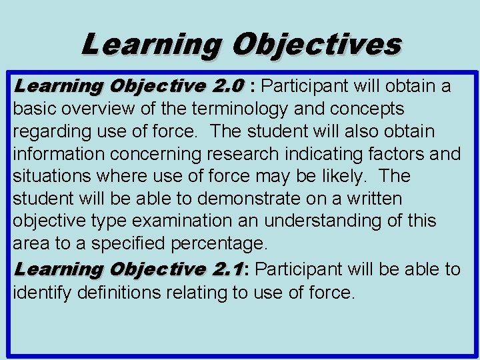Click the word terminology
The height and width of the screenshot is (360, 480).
pyautogui.click(x=235, y=109)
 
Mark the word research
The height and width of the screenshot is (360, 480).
pyautogui.click(x=243, y=154)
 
